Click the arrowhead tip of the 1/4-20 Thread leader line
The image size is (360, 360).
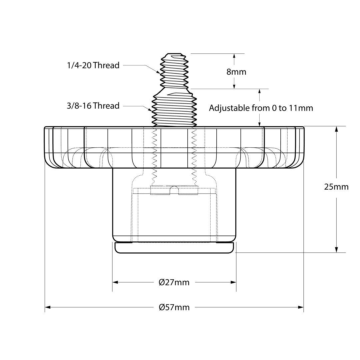point(160,73)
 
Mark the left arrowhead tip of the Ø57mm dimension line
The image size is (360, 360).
point(45,307)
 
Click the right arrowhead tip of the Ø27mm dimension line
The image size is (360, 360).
point(236,282)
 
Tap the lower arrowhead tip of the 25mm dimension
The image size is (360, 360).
point(337,253)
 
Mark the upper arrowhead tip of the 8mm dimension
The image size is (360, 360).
point(234,54)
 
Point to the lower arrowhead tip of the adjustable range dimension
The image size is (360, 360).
point(259,126)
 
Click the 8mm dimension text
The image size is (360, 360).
point(236,72)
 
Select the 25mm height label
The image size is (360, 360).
point(336,187)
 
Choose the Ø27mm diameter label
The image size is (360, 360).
point(174,282)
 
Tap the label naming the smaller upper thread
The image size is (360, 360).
point(93,65)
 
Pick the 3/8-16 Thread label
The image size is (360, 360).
point(93,106)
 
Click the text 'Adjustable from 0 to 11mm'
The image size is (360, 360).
point(261,108)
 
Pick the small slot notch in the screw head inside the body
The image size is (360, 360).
point(174,190)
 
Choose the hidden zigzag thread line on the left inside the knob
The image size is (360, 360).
point(155,156)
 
